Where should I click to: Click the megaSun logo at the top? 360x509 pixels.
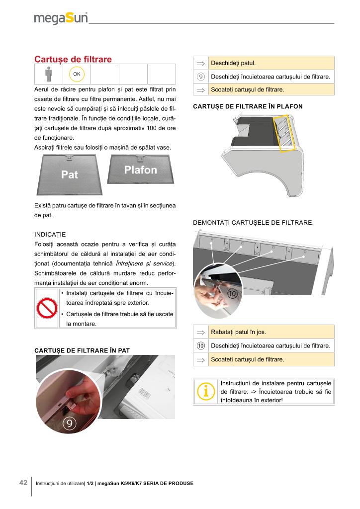pos(61,18)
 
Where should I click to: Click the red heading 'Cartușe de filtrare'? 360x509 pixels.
pos(73,59)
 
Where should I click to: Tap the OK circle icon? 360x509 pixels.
pos(77,74)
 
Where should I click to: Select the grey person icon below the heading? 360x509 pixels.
pos(48,75)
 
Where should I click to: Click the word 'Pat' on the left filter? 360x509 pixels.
pos(70,175)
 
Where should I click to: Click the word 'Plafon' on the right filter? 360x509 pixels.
pos(140,170)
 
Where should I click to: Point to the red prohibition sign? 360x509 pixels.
pos(47,308)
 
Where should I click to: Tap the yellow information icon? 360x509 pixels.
pos(205,392)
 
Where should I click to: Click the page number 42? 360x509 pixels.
pos(23,483)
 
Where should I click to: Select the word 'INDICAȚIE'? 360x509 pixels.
pos(50,234)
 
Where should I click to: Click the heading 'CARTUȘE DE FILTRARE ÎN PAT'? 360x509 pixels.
pos(82,350)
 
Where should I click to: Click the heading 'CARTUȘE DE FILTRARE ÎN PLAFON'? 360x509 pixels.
pos(248,106)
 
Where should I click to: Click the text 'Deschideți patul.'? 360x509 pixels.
pos(233,63)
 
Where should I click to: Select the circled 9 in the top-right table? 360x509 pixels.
pos(201,77)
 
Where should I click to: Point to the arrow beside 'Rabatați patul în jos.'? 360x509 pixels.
pos(201,332)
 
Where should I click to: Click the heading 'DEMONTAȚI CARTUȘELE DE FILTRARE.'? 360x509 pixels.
pos(253,223)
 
